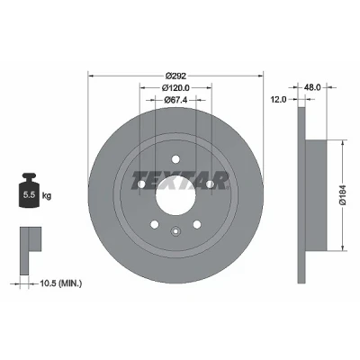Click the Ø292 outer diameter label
[175, 76]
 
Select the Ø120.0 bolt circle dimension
[175, 87]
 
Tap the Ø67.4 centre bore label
[175, 100]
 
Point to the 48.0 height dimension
[312, 87]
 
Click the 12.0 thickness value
[279, 99]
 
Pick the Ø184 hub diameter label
[344, 195]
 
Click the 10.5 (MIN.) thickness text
[61, 283]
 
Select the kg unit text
[47, 196]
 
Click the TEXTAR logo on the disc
[180, 180]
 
